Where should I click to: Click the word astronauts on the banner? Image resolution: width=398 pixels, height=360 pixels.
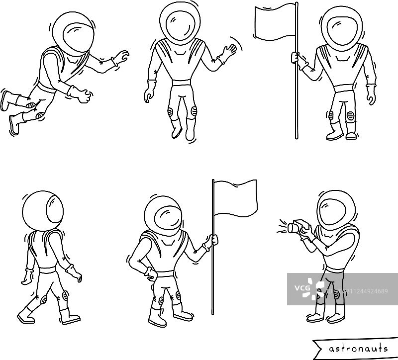click(x=358, y=349)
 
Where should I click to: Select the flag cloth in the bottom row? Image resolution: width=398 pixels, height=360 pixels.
click(x=235, y=198)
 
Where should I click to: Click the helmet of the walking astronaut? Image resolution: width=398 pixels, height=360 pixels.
click(x=43, y=210)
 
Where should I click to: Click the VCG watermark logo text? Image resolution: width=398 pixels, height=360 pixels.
click(x=302, y=288)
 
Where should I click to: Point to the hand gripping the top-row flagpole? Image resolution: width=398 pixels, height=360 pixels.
click(x=296, y=57)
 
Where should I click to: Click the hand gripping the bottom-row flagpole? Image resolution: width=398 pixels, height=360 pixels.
click(x=213, y=240)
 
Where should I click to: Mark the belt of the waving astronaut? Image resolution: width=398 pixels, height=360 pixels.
click(x=181, y=83)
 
